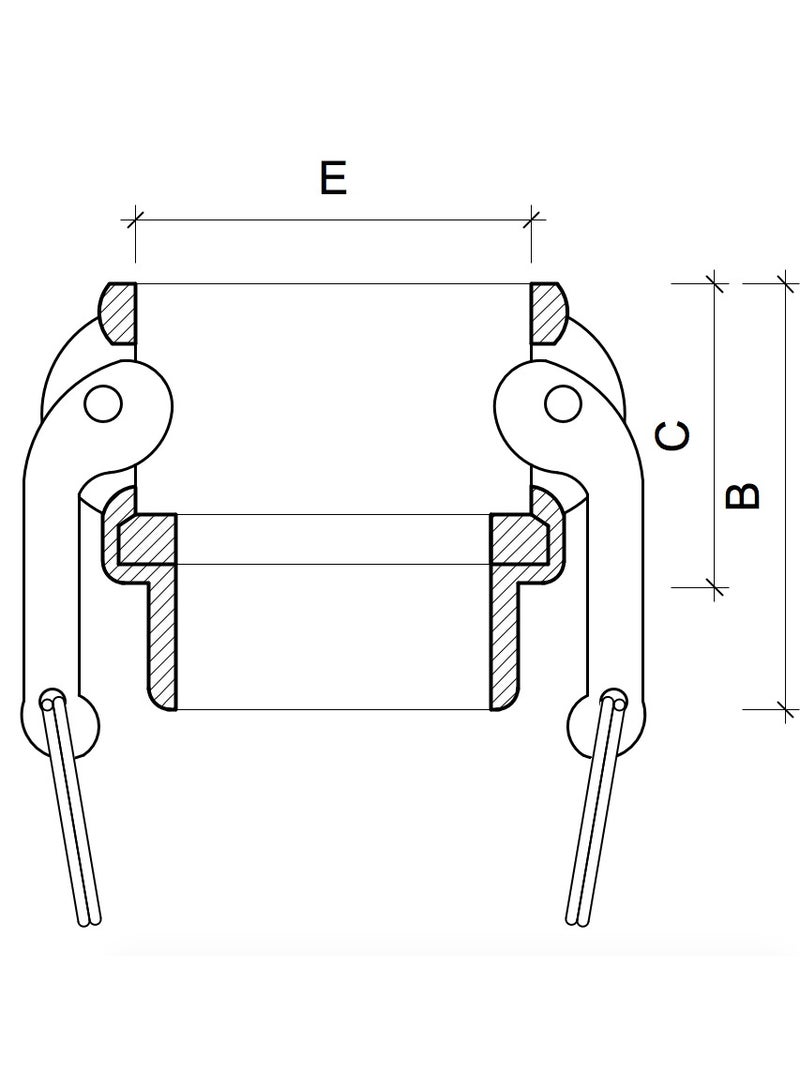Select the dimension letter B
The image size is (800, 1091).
tap(741, 495)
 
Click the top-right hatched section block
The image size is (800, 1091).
tap(547, 314)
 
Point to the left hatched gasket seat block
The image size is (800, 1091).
tap(146, 539)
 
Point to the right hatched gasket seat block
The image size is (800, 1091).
tap(519, 539)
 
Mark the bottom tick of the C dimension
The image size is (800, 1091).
tap(713, 585)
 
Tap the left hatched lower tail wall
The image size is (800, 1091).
tap(161, 640)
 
